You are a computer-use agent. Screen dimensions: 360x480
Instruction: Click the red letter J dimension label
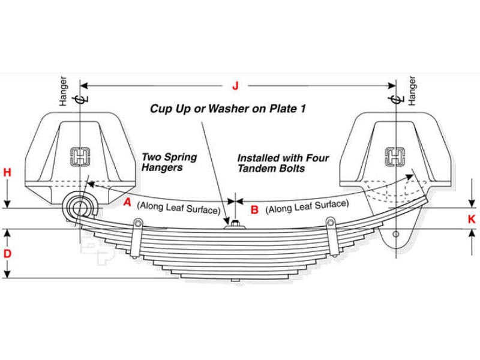tap(235, 86)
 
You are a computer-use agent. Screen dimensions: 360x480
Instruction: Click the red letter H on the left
tap(7, 173)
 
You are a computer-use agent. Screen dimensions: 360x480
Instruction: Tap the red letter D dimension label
tap(7, 253)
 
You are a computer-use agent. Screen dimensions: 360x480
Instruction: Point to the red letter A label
tap(127, 202)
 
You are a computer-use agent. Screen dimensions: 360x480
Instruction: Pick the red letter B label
tap(254, 209)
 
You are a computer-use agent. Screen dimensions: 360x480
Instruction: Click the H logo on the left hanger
tap(79, 157)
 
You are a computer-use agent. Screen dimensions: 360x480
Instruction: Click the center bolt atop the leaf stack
tap(235, 225)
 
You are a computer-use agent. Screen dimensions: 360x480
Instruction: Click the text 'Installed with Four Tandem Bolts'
tap(283, 163)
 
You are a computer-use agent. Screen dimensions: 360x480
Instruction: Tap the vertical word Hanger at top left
tap(64, 91)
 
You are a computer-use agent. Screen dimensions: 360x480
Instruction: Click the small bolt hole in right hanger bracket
tap(396, 235)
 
